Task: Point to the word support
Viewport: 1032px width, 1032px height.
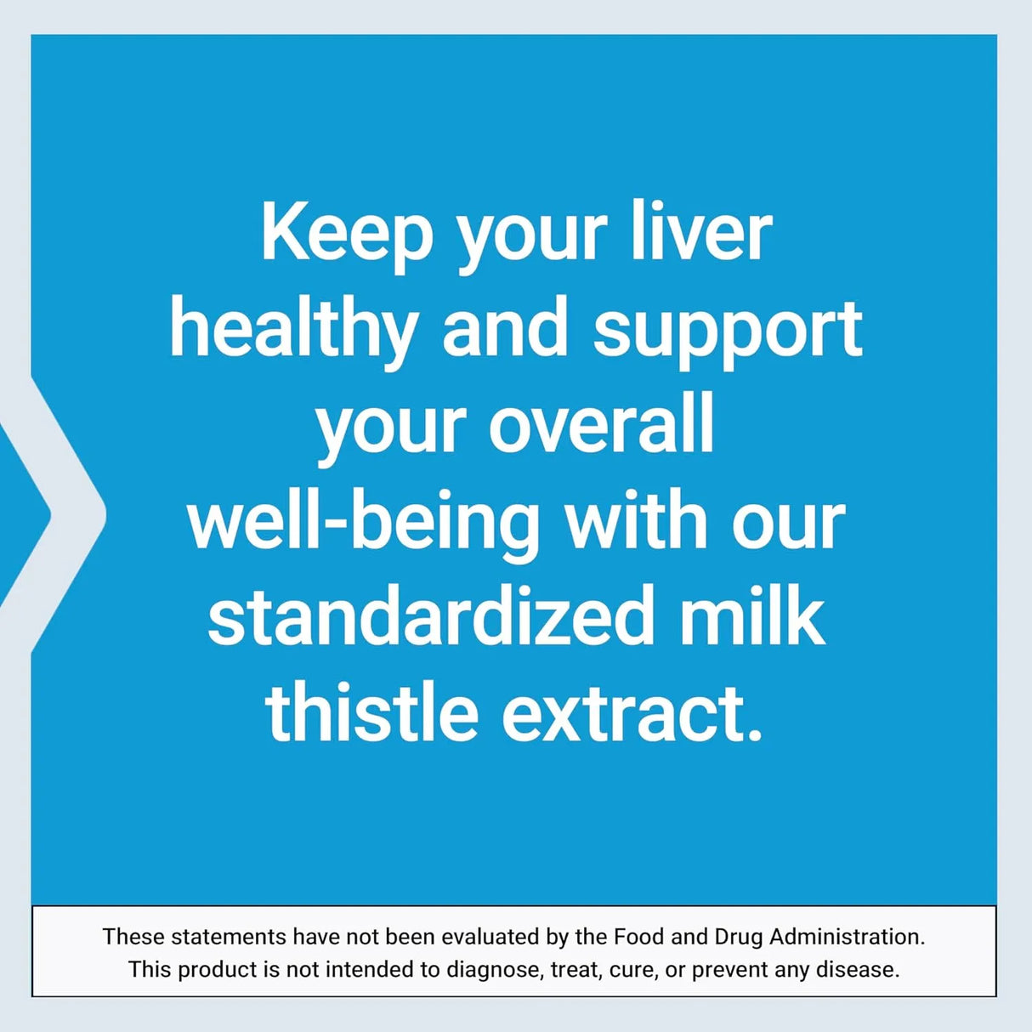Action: (728, 330)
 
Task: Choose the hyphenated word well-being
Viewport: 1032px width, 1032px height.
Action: (364, 522)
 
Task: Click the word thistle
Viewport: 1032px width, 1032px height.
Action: (371, 712)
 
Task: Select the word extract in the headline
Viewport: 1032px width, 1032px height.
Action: (625, 712)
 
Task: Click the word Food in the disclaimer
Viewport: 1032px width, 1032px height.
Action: (638, 937)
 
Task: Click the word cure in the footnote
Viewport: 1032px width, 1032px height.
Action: (632, 970)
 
